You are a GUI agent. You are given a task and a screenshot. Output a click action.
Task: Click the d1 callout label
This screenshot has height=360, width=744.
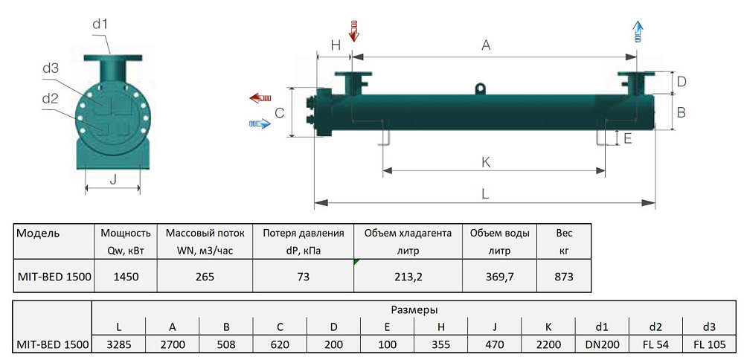(100, 25)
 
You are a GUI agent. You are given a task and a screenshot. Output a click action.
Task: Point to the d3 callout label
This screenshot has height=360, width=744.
(51, 68)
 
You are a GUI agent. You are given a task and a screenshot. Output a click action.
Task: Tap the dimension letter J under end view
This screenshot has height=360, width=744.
(113, 179)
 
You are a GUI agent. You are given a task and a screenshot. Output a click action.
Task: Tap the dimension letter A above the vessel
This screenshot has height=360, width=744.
(486, 45)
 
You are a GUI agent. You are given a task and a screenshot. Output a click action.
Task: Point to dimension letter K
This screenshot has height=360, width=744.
(486, 161)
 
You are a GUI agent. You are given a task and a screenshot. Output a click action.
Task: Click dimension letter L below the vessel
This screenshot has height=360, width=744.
(485, 193)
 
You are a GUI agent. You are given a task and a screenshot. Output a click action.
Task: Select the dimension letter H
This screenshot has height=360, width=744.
(336, 45)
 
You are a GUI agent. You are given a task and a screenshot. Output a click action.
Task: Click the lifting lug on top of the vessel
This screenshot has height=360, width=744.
(481, 89)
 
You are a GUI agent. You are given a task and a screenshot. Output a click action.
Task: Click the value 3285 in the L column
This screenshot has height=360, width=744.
(118, 345)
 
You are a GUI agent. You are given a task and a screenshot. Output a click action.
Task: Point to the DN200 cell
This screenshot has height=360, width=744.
(603, 345)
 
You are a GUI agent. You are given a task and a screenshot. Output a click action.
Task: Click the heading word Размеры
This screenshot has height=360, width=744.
(414, 309)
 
